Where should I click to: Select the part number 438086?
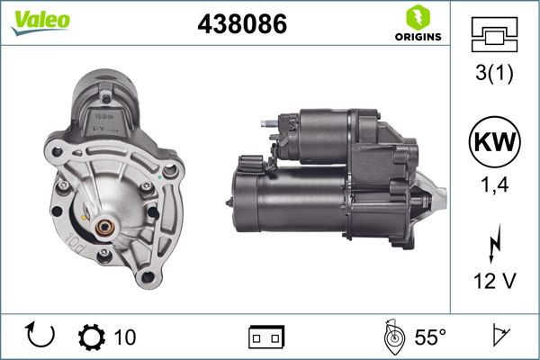[x=241, y=25]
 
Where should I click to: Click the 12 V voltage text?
[x=492, y=282]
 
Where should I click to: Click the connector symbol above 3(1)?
[x=492, y=37]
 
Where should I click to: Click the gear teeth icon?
[x=92, y=337]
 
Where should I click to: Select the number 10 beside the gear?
[x=125, y=337]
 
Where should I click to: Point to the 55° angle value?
[x=430, y=337]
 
